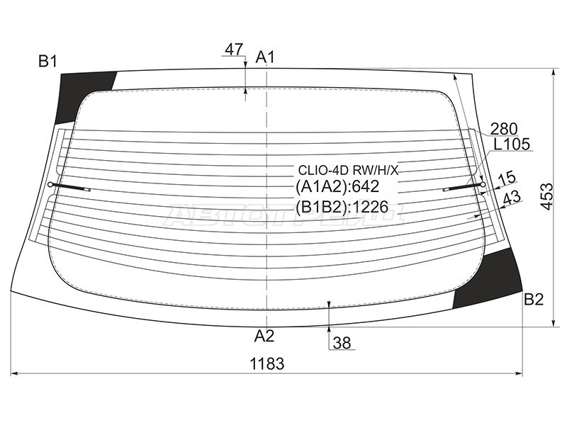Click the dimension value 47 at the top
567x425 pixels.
tap(234, 50)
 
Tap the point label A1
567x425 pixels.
tap(265, 57)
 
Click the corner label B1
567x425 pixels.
tap(47, 62)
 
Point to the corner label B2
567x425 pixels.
tap(533, 300)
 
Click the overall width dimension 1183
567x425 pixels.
tap(266, 364)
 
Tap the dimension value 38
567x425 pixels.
tap(342, 344)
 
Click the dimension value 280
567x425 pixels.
tap(504, 128)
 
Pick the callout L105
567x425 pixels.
tap(512, 144)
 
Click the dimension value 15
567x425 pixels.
tap(507, 178)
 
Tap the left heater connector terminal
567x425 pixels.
tap(52, 185)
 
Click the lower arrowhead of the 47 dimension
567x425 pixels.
tap(245, 89)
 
